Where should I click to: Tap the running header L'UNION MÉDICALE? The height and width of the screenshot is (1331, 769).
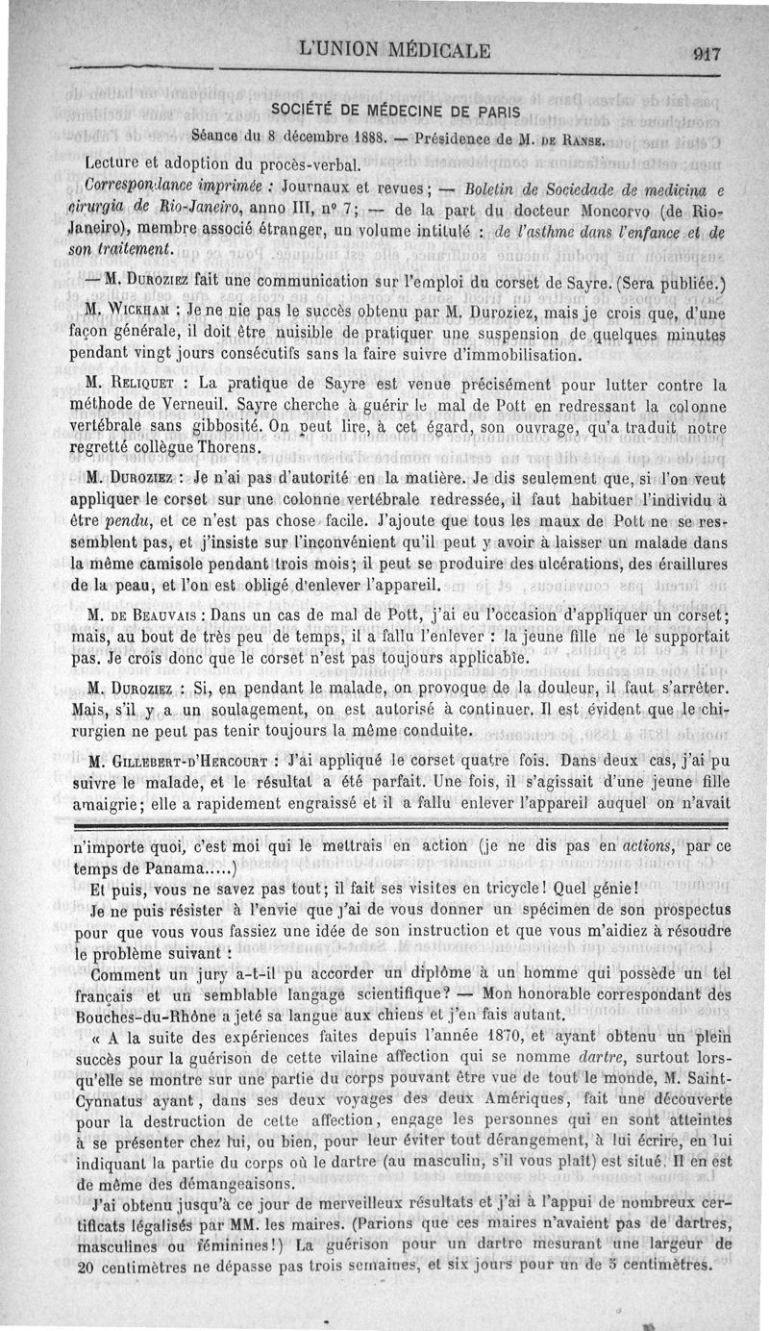[395, 51]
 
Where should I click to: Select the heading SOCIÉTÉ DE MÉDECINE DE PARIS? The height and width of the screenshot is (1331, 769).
[394, 113]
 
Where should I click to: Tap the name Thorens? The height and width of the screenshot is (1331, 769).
[231, 447]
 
